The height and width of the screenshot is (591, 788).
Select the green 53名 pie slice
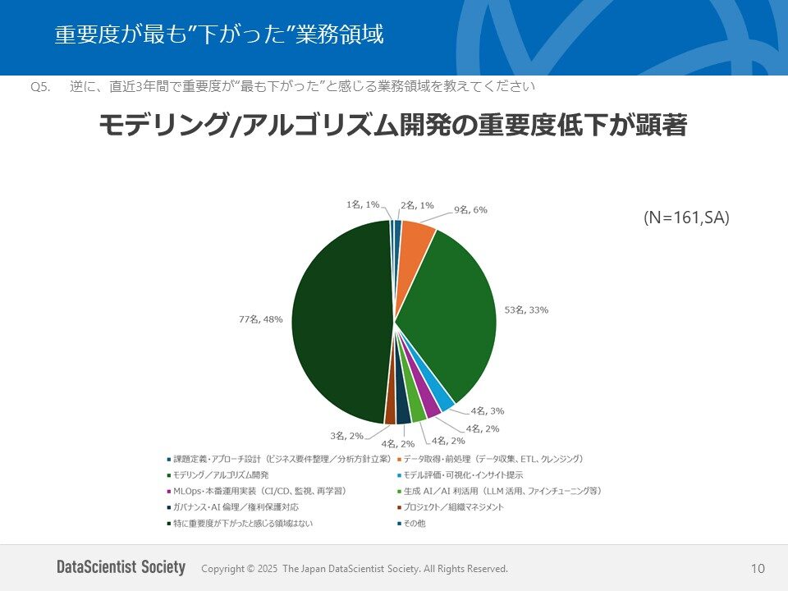click(451, 312)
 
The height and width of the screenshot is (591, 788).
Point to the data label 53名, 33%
click(526, 310)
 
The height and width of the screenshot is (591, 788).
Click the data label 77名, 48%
click(260, 319)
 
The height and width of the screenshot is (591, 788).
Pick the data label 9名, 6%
click(471, 210)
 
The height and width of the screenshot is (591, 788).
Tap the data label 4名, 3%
click(488, 410)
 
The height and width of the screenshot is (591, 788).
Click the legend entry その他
click(414, 523)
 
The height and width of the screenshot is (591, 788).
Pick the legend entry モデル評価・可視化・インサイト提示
click(463, 475)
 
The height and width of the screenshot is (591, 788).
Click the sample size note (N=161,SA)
click(686, 218)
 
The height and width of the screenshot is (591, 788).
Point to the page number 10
click(757, 569)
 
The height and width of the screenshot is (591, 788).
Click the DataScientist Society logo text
click(121, 568)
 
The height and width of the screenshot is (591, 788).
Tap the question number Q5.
click(41, 86)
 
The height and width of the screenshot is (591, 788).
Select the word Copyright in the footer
click(222, 569)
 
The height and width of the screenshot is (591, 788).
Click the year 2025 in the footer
click(266, 569)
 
